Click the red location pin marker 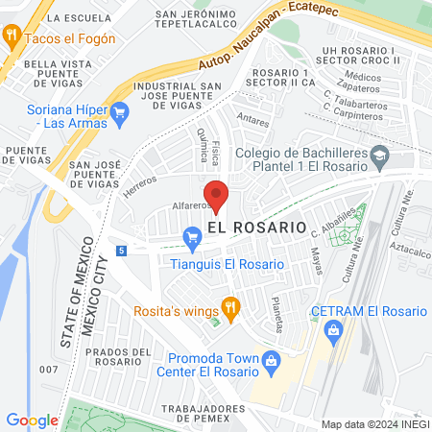tap(216, 195)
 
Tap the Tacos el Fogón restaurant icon tap(12, 38)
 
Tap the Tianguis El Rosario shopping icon tap(192, 234)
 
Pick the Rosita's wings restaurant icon tap(229, 306)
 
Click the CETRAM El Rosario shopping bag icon tap(334, 331)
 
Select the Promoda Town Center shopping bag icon tap(272, 361)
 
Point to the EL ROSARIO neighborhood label tap(256, 228)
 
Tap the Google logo tap(32, 420)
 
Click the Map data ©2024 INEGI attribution tap(373, 423)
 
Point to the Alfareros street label tap(190, 205)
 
